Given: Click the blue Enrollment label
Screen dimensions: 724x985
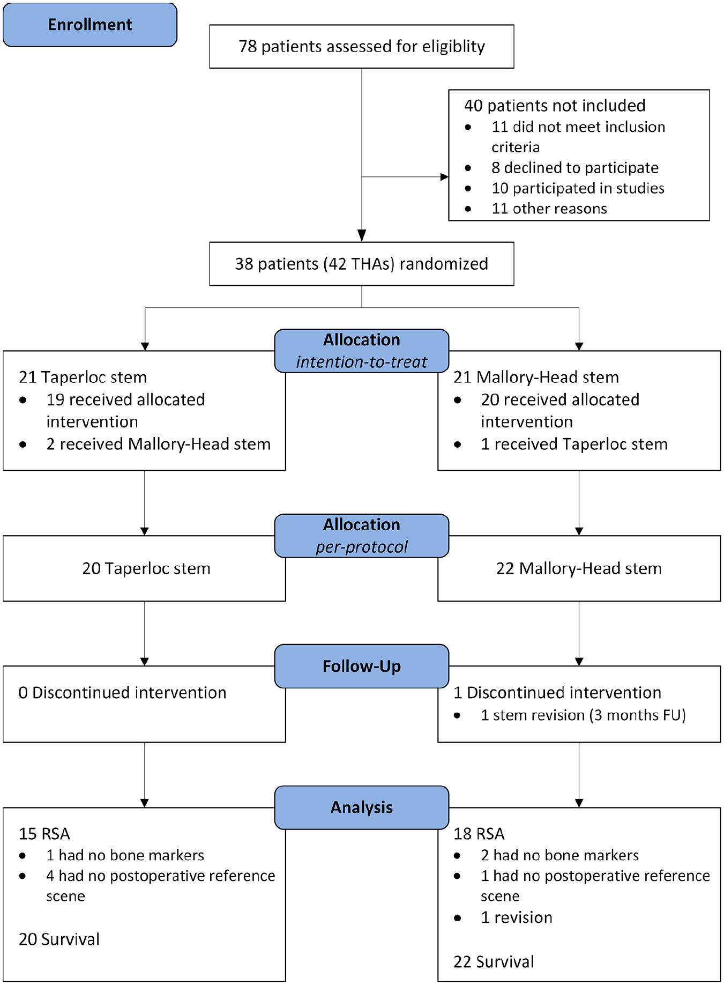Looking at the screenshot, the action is point(90,25).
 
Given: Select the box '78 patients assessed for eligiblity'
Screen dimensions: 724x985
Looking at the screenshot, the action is point(362,47).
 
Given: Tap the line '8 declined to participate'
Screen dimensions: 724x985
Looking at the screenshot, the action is point(575,168).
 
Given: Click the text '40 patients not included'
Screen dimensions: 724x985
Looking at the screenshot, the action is point(555,106).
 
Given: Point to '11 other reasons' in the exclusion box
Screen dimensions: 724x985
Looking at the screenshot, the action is point(549,209).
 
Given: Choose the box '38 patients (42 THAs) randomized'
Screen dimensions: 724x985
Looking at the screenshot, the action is point(362,264).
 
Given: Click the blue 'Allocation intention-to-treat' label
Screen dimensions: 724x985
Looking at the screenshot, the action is point(362,351).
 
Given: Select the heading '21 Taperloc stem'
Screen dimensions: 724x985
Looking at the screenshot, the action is point(83,377).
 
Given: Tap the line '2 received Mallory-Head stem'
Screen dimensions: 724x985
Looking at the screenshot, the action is point(159,444).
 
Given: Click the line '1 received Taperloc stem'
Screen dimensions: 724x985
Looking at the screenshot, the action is point(574,444).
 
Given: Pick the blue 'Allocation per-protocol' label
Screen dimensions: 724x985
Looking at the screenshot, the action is point(362,536).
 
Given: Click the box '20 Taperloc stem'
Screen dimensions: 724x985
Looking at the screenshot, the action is point(145,568).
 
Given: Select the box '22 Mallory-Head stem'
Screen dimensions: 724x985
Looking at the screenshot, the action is point(579,568).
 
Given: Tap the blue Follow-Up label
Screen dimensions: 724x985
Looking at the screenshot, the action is point(362,666).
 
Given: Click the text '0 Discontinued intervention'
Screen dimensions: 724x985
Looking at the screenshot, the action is point(122,693).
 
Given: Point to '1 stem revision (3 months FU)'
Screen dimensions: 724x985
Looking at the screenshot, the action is point(584,715).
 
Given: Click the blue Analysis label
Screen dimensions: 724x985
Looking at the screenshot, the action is point(362,808).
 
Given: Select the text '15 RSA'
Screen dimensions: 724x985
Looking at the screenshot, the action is point(44,834).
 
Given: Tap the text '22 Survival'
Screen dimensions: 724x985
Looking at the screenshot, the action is point(494,962).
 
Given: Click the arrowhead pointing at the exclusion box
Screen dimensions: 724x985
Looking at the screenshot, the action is point(444,177).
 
